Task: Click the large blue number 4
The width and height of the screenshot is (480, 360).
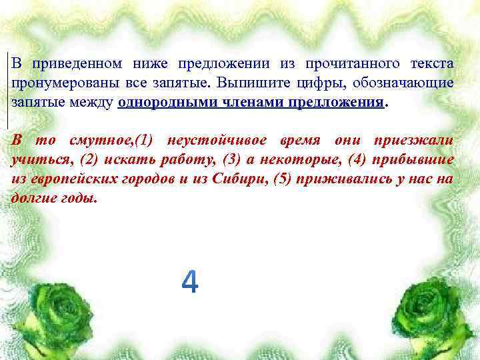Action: coord(190,282)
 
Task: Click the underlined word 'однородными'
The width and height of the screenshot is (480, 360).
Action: coord(160,103)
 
